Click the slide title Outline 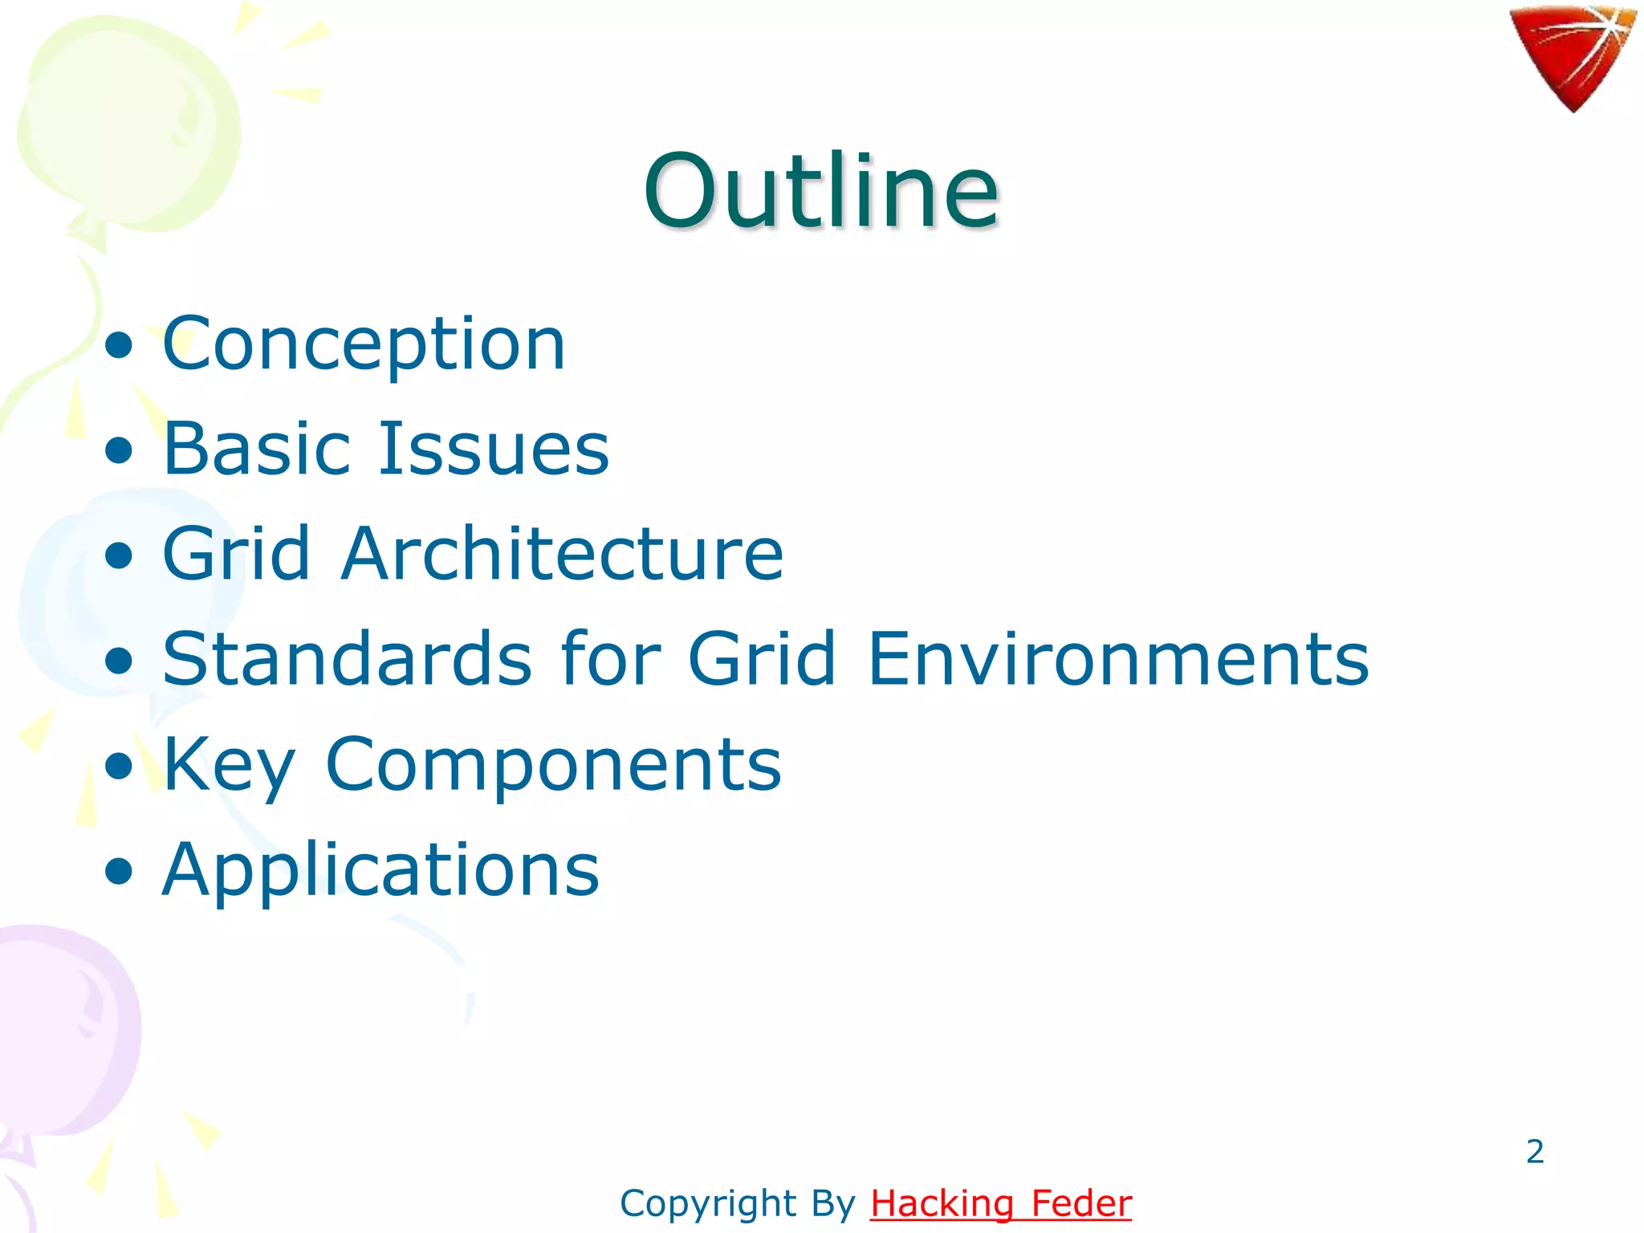point(821,191)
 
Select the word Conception point(364,344)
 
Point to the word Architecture point(562,553)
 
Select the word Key point(229,764)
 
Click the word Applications point(380,869)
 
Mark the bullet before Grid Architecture point(119,556)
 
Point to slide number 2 point(1535,1151)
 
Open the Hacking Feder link point(1001,1203)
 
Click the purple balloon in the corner point(64,1027)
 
